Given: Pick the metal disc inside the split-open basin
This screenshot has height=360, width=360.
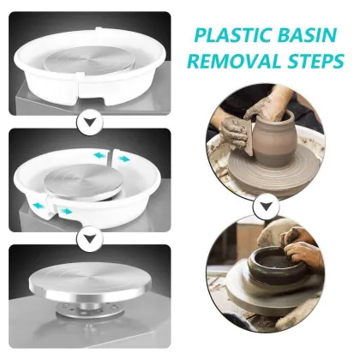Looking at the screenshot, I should point(86,175).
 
